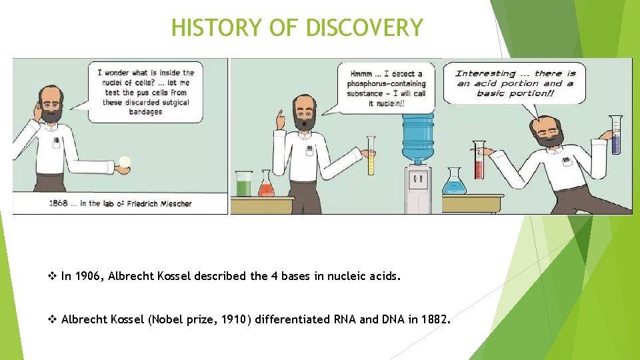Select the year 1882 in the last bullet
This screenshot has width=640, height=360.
tap(435, 319)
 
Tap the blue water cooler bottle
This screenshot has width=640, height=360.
tap(417, 137)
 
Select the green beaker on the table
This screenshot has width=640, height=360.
tap(243, 183)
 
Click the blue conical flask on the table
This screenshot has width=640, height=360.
tap(455, 181)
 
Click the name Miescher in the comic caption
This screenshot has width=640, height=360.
tap(171, 203)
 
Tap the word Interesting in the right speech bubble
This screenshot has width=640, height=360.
tap(485, 73)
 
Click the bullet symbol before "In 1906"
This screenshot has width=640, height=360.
tap(53, 275)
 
